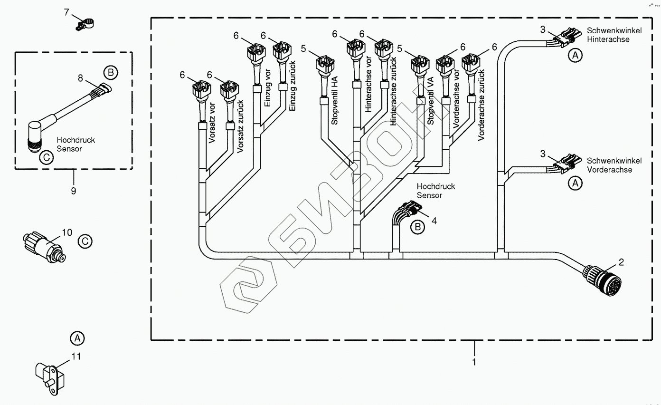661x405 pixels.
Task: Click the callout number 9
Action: pyautogui.click(x=73, y=191)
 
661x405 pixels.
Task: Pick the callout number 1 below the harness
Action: pyautogui.click(x=473, y=362)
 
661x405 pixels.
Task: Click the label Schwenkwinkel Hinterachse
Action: pyautogui.click(x=614, y=35)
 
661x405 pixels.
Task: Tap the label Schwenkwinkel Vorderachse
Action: pyautogui.click(x=614, y=165)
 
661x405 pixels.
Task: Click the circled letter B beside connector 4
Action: pyautogui.click(x=418, y=227)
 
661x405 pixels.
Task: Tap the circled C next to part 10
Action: pyautogui.click(x=85, y=241)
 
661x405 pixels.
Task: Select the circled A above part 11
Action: pyautogui.click(x=77, y=338)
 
